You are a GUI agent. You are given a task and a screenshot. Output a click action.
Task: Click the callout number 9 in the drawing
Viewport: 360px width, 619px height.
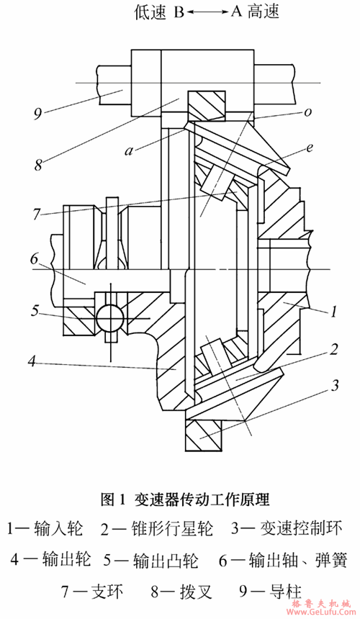click(38, 115)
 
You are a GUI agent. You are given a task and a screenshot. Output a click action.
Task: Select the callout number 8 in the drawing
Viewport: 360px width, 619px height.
click(38, 165)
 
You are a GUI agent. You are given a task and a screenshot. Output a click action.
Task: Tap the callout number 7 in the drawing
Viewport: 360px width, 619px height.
click(36, 214)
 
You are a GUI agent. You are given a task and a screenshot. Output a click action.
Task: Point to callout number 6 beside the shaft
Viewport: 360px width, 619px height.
click(35, 260)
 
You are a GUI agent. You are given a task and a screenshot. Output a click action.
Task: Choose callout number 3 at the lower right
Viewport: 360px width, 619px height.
click(334, 385)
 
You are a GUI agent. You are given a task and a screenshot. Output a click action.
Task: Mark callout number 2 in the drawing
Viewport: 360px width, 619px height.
click(334, 349)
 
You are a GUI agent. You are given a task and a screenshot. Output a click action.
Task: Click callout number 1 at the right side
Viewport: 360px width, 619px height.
click(333, 312)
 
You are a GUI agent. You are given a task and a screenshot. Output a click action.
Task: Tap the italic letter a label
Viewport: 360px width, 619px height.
click(129, 151)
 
